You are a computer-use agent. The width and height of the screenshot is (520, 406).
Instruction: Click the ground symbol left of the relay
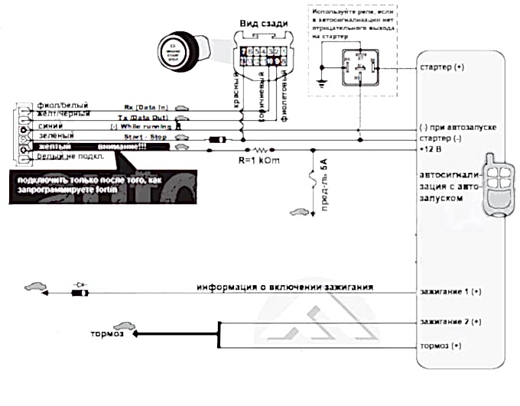coord(322,80)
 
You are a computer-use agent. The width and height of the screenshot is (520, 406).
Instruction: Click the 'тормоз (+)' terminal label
coord(442,346)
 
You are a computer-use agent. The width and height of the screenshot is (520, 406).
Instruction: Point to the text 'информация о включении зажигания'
coord(284,288)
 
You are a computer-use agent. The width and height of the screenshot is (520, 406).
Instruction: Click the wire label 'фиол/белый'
coord(62,105)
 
